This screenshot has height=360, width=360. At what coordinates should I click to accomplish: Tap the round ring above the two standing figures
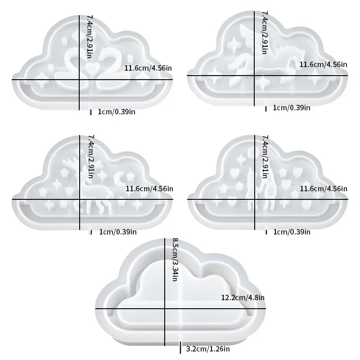[x=252, y=153]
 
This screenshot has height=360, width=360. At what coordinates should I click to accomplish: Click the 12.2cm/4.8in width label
[x=243, y=297]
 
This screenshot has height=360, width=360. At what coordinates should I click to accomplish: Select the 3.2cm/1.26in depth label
[x=208, y=349]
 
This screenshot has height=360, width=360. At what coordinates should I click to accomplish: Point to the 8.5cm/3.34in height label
[x=175, y=260]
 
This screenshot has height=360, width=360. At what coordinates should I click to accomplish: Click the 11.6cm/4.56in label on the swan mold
[x=148, y=68]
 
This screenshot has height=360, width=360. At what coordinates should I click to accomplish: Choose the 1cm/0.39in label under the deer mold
[x=118, y=232]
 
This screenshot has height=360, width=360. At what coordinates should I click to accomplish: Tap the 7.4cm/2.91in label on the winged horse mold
[x=265, y=32]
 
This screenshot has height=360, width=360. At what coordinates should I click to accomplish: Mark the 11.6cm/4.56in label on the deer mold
[x=149, y=189]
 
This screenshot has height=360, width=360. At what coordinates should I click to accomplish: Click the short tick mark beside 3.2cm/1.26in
[x=180, y=347]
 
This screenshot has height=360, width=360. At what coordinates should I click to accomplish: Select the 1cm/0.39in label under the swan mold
[x=117, y=112]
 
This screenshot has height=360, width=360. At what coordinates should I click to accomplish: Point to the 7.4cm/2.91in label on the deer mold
[x=91, y=157]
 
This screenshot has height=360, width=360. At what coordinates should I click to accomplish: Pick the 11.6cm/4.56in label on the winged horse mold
[x=323, y=64]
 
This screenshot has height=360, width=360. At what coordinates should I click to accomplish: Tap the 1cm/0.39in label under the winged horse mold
[x=291, y=108]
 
